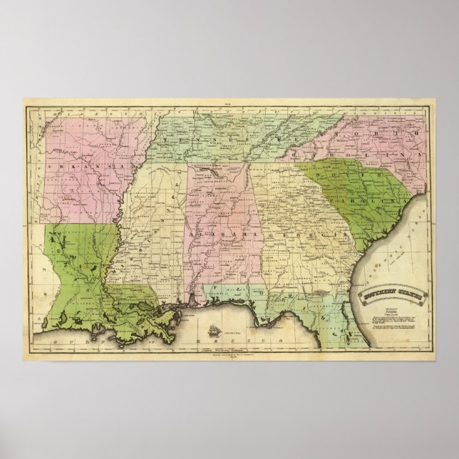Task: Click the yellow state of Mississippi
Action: pos(153,228)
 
